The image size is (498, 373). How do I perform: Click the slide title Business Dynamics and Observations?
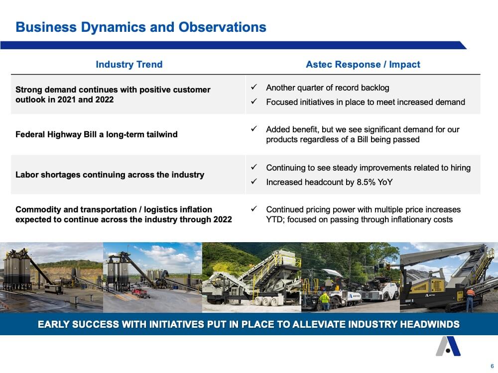[141, 27]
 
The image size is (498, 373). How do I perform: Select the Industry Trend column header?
[129, 64]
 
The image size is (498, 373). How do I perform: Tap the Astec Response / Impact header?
[363, 64]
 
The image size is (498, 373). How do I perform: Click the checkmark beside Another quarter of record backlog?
[254, 87]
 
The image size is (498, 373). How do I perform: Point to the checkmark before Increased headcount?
[254, 182]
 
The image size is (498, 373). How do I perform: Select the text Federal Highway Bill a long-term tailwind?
[96, 134]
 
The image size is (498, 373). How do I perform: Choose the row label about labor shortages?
[110, 175]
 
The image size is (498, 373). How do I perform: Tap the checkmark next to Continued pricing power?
[254, 209]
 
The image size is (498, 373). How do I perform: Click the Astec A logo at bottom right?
[448, 346]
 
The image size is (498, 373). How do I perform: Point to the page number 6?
[492, 366]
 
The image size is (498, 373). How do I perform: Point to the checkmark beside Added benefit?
[254, 129]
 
